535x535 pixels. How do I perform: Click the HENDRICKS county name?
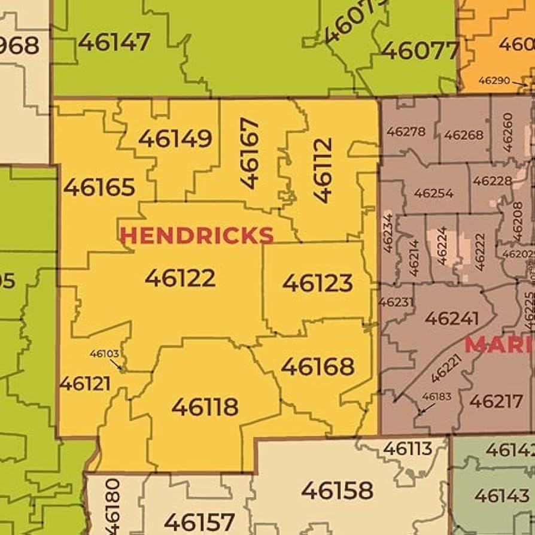pos(196,235)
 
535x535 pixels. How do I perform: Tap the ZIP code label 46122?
pos(180,278)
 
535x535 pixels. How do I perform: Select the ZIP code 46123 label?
pos(317,282)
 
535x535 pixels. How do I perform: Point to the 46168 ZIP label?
pos(317,366)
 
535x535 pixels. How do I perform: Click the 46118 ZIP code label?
pos(205,407)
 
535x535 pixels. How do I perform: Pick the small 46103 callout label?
pos(105,354)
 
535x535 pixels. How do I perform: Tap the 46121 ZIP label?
pos(85,384)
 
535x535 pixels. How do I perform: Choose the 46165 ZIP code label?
pos(99,187)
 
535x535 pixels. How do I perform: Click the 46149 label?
pos(175,138)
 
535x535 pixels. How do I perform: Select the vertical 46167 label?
pos(250,153)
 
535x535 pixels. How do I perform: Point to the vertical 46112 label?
pos(323,171)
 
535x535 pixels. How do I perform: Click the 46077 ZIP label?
pos(420,51)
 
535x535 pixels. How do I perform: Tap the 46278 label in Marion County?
pos(406,132)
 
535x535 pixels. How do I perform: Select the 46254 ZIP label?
pos(433,193)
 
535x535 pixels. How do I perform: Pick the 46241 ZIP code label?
pos(451,318)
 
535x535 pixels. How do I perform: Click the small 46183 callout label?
pos(437,396)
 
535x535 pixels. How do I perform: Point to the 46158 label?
pos(337,490)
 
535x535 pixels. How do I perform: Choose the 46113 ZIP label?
pos(408,448)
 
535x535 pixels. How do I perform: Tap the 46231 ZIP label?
pos(396,302)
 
